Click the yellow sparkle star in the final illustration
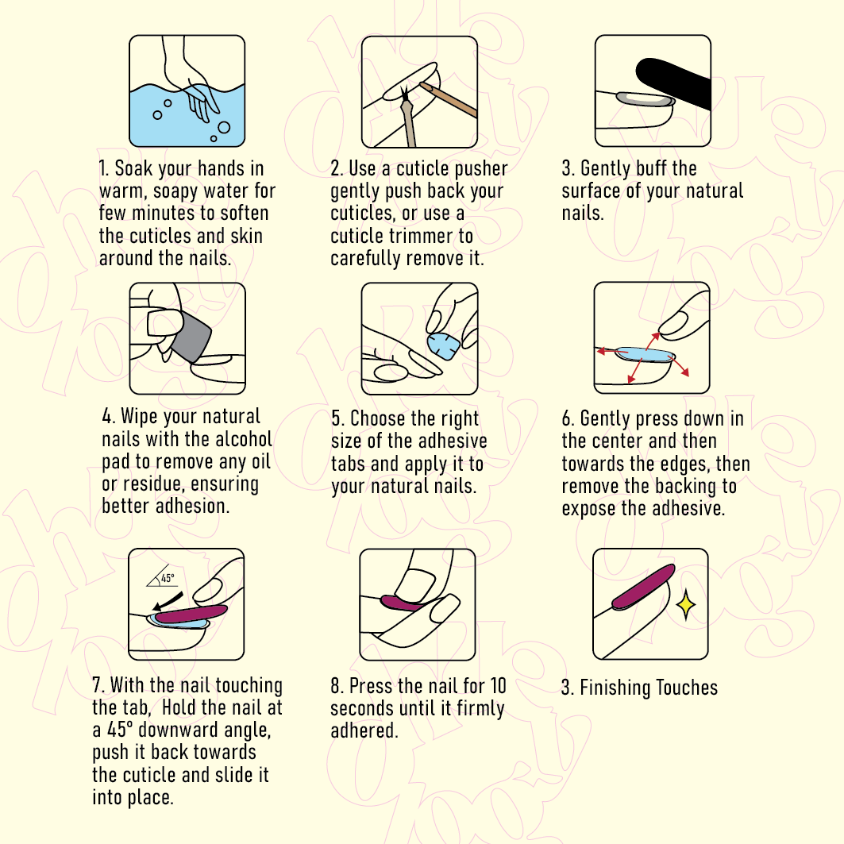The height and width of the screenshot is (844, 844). [686, 605]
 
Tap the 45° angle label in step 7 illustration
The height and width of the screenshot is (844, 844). [168, 578]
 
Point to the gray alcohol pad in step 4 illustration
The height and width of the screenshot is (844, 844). [192, 337]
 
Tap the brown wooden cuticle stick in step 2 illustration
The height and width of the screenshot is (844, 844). [448, 99]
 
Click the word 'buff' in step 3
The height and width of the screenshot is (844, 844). [651, 168]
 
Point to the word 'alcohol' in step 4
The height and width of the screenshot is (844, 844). [243, 439]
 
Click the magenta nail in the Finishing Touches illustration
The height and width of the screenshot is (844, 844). [643, 587]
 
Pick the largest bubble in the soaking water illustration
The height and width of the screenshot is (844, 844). [224, 128]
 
